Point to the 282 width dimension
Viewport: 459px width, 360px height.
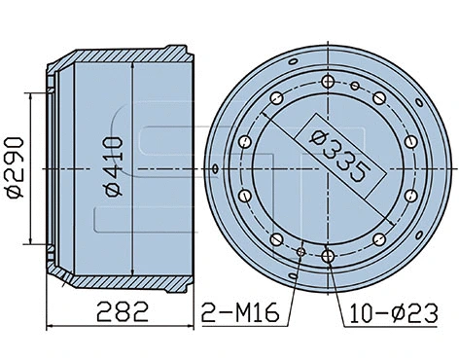point(122,312)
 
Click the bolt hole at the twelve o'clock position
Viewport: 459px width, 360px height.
point(330,82)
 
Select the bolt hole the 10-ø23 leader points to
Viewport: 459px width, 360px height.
point(330,256)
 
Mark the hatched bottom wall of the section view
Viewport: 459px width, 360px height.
point(117,284)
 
